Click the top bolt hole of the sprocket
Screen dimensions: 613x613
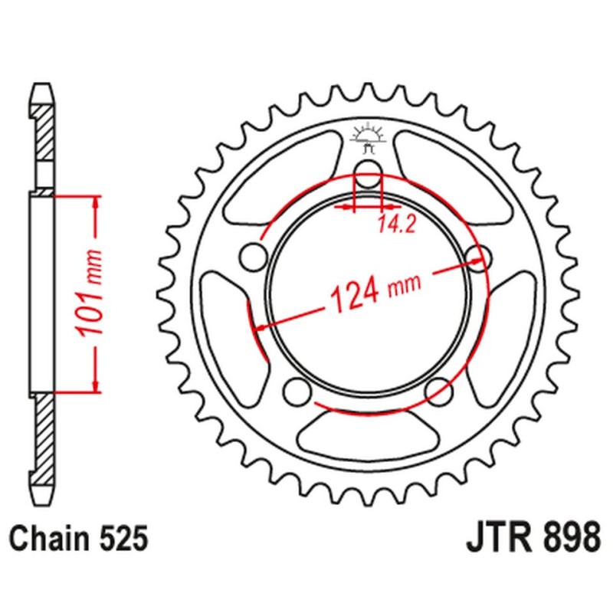click(369, 172)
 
